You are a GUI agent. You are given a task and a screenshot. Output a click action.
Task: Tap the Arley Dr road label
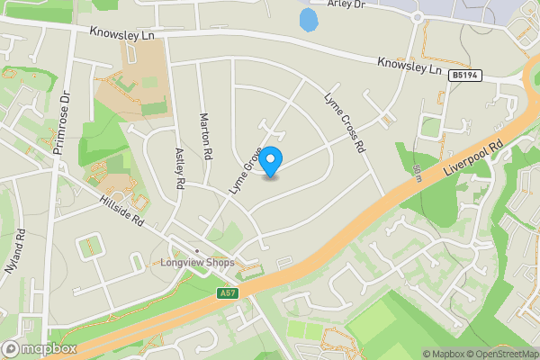click(x=348, y=4)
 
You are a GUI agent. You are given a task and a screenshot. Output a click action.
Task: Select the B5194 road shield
click(x=463, y=76)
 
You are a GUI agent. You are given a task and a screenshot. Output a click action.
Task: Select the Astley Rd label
click(x=180, y=168)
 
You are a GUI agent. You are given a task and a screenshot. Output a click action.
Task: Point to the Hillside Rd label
click(x=122, y=211)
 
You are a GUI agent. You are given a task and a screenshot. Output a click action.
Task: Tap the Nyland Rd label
click(x=13, y=251)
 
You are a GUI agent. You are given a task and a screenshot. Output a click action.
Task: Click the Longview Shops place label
click(x=197, y=263)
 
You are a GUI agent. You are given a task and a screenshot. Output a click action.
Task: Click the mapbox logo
click(x=40, y=348)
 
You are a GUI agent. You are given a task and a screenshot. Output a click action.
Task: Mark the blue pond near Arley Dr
click(x=308, y=20)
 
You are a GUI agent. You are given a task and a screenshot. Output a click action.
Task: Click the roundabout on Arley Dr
click(x=417, y=16)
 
